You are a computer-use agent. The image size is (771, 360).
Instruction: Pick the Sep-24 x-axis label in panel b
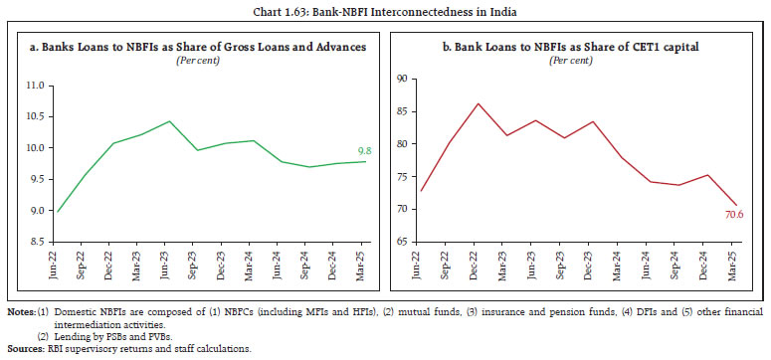point(675,266)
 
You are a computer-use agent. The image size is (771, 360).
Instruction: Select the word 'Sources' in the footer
point(22,349)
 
